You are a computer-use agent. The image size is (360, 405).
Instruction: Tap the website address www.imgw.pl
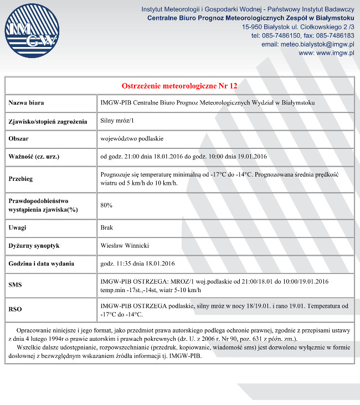tap(326, 53)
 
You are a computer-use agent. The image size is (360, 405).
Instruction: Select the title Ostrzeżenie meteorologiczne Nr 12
tap(179, 86)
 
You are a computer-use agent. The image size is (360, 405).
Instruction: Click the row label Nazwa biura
tap(27, 103)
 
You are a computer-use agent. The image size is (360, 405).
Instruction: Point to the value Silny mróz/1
tap(117, 121)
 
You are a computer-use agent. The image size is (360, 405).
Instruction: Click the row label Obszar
tap(19, 138)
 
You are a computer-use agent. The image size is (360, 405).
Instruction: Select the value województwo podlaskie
tap(132, 138)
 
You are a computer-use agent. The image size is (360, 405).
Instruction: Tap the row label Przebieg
tap(21, 179)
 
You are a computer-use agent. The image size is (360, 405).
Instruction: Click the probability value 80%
tap(106, 205)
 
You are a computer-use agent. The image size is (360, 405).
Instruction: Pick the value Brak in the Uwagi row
tap(107, 227)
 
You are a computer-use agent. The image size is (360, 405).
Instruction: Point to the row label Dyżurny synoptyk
tap(34, 245)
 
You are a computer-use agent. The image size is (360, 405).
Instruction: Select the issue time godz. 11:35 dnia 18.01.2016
tap(137, 263)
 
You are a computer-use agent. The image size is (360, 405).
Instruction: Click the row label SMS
tap(16, 285)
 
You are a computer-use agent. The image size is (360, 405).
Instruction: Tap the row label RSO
tap(16, 310)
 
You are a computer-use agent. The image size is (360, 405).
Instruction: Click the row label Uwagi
tap(18, 227)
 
